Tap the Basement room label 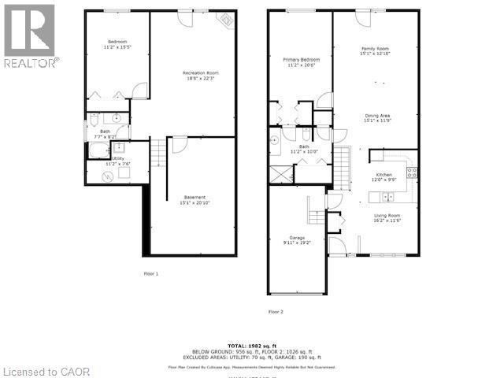tap(195, 200)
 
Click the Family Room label tap(375, 50)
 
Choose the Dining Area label tap(377, 118)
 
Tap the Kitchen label tap(384, 177)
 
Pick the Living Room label tap(387, 218)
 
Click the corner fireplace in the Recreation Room tap(227, 20)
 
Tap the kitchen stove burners tap(410, 172)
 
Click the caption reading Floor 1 tap(150, 273)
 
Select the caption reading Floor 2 tap(276, 312)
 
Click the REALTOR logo tap(30, 35)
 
